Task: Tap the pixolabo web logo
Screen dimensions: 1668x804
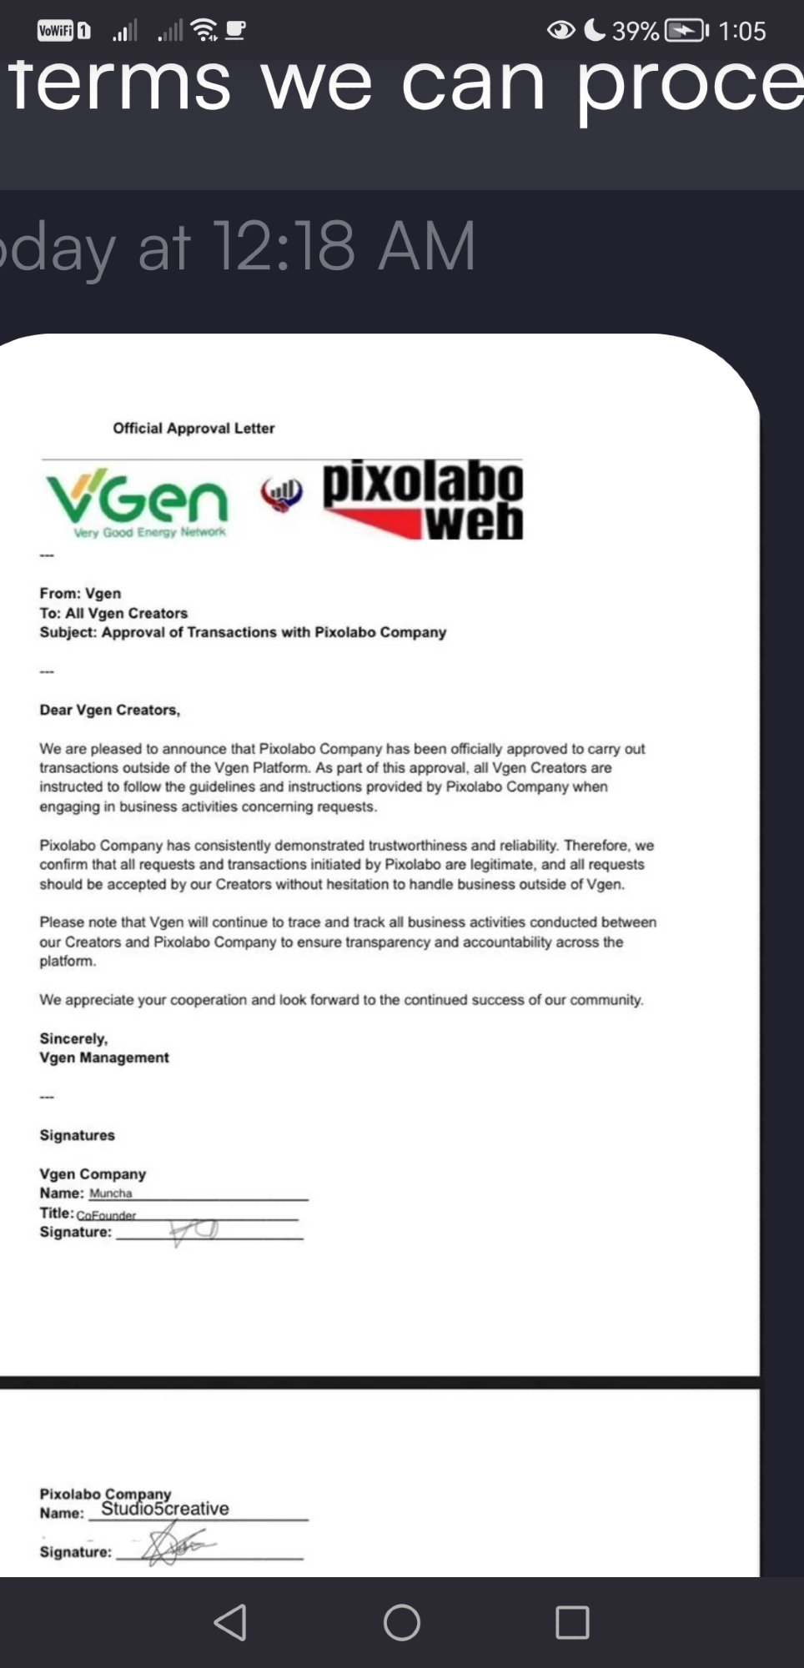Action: tap(423, 500)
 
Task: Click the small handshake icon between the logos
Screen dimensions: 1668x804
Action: tap(281, 495)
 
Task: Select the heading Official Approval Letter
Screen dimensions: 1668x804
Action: tap(193, 428)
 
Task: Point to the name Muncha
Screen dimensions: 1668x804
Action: tap(111, 1193)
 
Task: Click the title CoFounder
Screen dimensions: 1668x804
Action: tap(106, 1215)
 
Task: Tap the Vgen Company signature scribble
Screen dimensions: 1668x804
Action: tap(193, 1231)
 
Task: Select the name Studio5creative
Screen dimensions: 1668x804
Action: tap(165, 1509)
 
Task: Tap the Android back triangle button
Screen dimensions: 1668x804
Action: tap(231, 1622)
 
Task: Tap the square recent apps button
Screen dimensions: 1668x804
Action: tap(572, 1622)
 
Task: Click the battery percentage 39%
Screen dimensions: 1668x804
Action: tap(636, 32)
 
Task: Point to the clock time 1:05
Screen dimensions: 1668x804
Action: tap(741, 32)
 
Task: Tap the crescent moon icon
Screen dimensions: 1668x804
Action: tap(595, 31)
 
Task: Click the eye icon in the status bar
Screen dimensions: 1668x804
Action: tap(561, 31)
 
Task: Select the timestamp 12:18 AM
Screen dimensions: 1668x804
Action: tap(344, 246)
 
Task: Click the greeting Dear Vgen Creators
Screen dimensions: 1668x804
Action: tap(109, 710)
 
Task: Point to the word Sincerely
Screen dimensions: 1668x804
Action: tap(73, 1038)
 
